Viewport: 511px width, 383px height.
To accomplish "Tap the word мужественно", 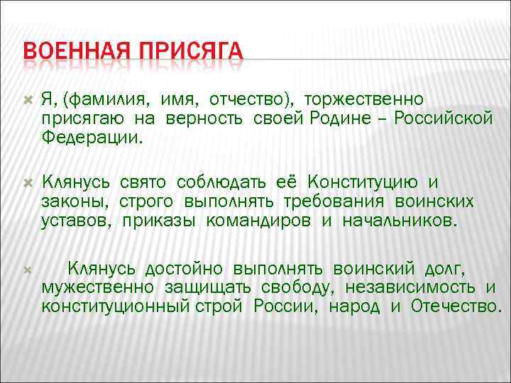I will click(x=98, y=288).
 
